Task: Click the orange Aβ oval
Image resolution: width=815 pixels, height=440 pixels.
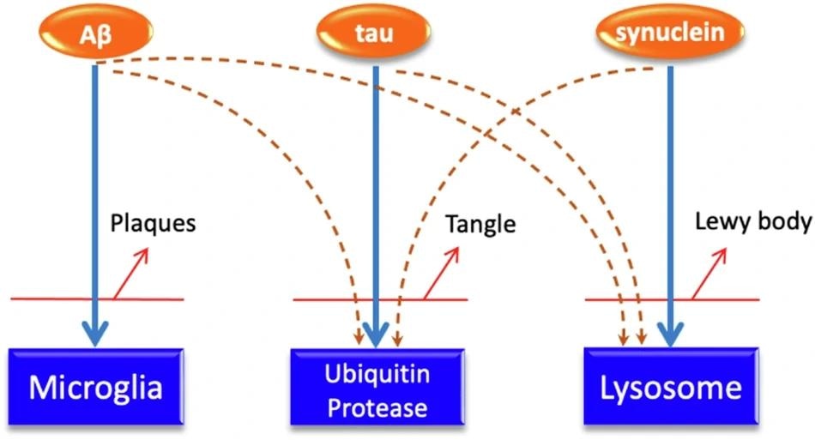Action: pyautogui.click(x=95, y=33)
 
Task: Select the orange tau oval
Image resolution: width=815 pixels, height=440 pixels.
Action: pyautogui.click(x=374, y=33)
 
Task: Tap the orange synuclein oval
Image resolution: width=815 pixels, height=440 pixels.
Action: pyautogui.click(x=668, y=33)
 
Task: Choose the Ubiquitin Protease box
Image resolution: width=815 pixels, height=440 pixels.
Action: pyautogui.click(x=377, y=389)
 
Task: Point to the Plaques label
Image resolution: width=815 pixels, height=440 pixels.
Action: pyautogui.click(x=154, y=225)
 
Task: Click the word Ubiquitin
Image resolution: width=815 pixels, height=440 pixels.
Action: pyautogui.click(x=377, y=375)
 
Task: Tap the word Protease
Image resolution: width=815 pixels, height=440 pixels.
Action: pyautogui.click(x=377, y=407)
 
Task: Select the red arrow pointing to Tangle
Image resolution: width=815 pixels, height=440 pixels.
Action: pyautogui.click(x=442, y=273)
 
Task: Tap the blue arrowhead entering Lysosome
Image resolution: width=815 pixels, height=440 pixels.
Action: pyautogui.click(x=670, y=334)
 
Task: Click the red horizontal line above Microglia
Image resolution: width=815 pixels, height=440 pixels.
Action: pyautogui.click(x=51, y=299)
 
